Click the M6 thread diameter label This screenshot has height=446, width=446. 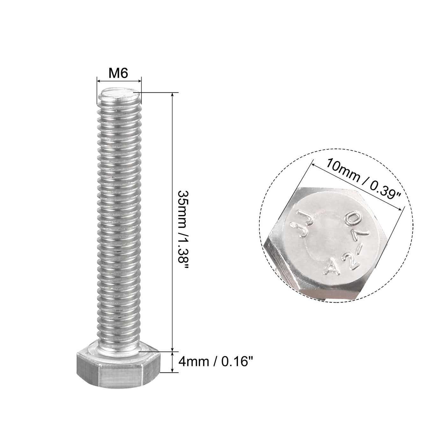[118, 74]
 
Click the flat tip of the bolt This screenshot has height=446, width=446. [120, 94]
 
